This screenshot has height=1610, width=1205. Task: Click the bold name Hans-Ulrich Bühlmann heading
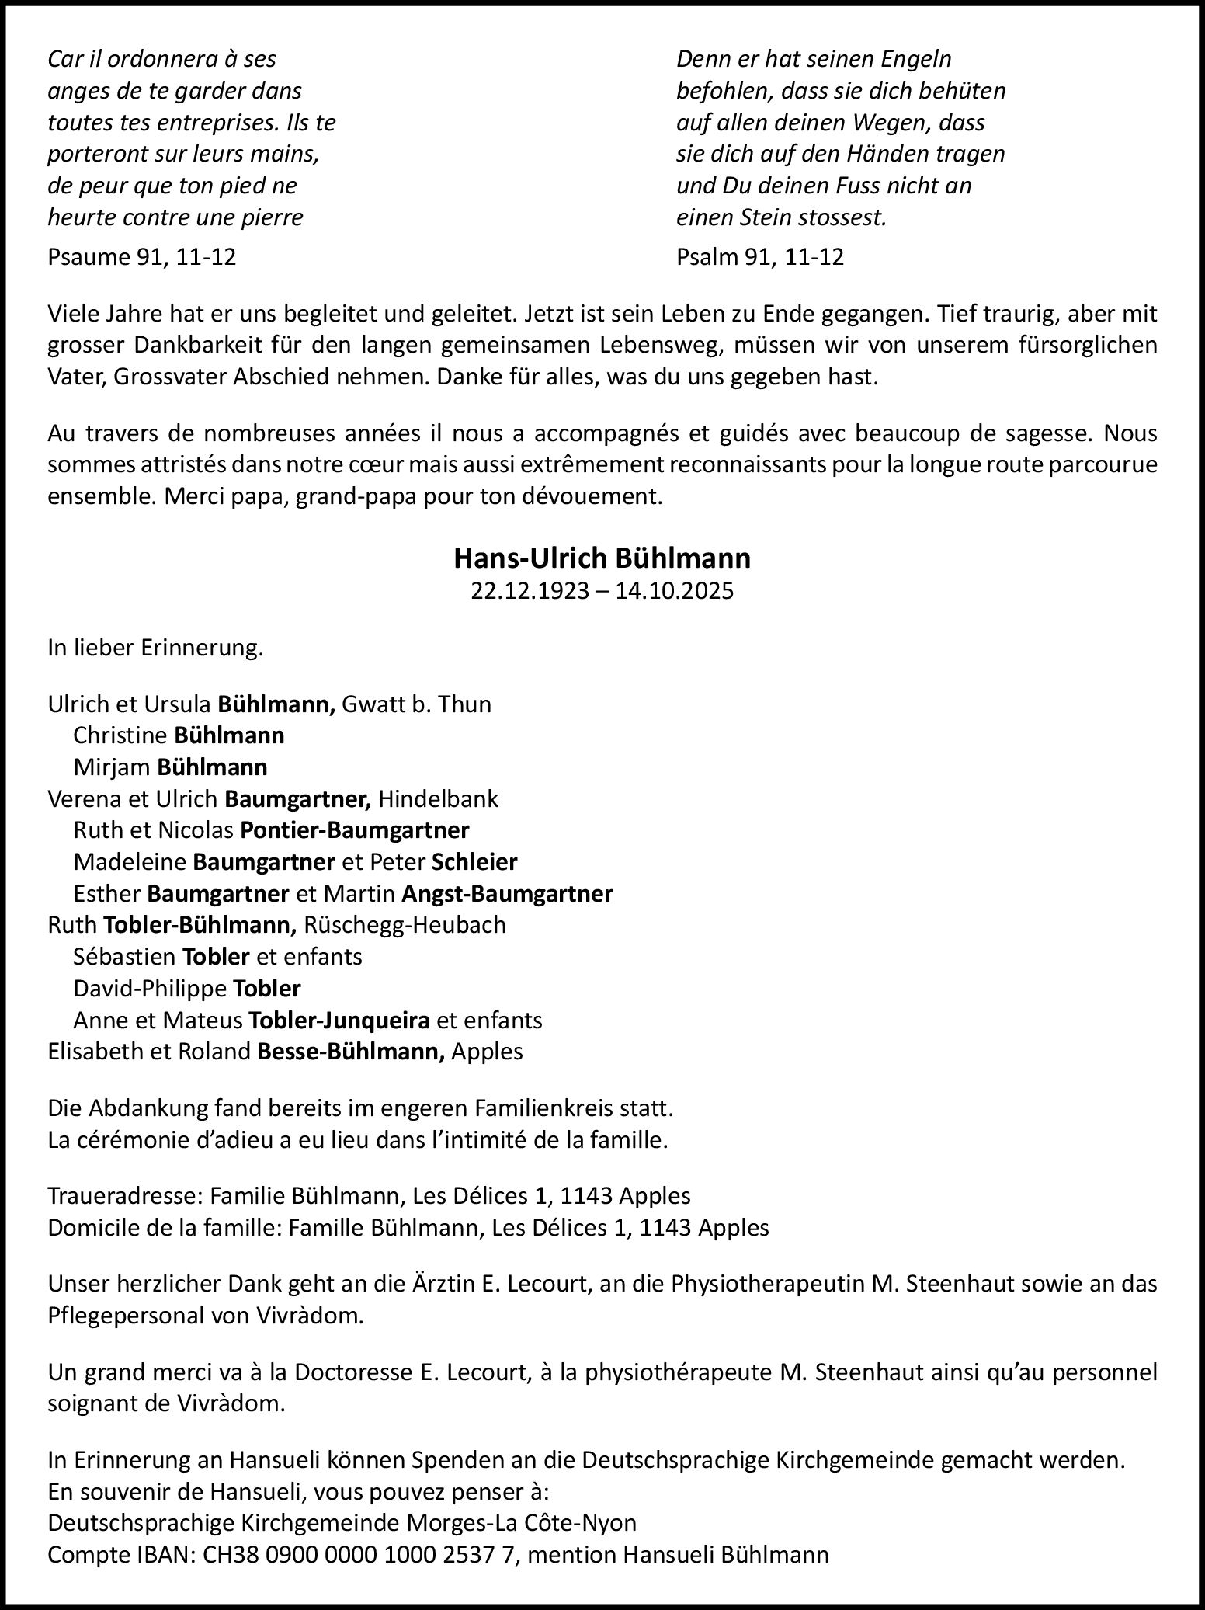pyautogui.click(x=602, y=558)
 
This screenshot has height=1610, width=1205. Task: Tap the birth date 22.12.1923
pyautogui.click(x=529, y=591)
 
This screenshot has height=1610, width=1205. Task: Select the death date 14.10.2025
pyautogui.click(x=674, y=591)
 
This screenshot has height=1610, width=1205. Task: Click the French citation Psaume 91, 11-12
pyautogui.click(x=141, y=257)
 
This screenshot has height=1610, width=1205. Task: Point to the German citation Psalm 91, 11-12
pyautogui.click(x=759, y=257)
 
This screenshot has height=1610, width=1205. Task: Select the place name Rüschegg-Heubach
pyautogui.click(x=405, y=925)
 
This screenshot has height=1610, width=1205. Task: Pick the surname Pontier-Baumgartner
pyautogui.click(x=355, y=830)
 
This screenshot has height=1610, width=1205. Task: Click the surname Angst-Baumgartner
pyautogui.click(x=507, y=894)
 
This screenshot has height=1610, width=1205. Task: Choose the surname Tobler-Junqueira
pyautogui.click(x=339, y=1020)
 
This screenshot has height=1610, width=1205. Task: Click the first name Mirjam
pyautogui.click(x=112, y=767)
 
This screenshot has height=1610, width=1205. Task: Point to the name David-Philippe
pyautogui.click(x=150, y=989)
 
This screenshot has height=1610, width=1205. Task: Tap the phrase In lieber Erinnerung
pyautogui.click(x=155, y=648)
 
